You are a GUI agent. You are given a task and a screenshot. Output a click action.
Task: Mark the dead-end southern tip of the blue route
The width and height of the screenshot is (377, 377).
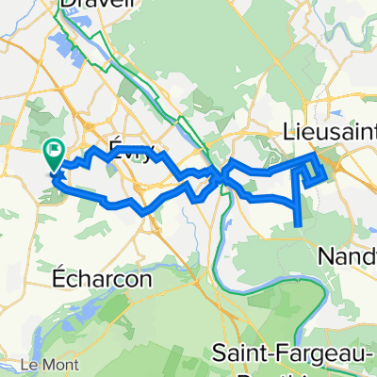coord(300,224)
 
